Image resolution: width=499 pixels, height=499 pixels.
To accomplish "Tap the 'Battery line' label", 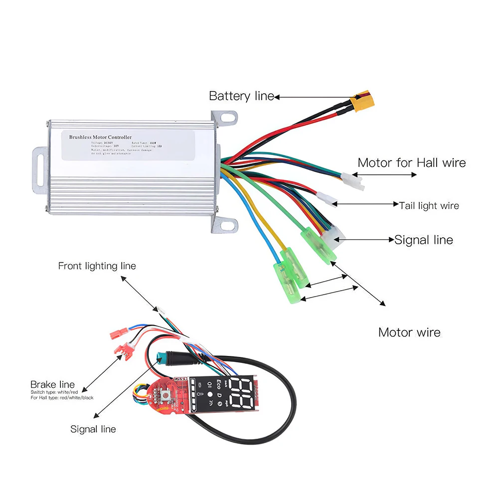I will coord(241,96).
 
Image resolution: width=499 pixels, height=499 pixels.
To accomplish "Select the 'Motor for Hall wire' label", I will coord(412,163).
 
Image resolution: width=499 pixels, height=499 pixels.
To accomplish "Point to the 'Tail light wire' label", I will coord(429,205).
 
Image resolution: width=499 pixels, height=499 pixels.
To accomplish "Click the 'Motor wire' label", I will coord(409,332).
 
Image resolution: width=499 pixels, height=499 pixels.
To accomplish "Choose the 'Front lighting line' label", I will coord(97,266).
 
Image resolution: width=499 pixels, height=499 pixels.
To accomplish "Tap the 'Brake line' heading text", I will coord(52,384).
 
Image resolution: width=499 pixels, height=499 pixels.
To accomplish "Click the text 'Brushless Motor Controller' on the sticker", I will coord(100,137).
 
